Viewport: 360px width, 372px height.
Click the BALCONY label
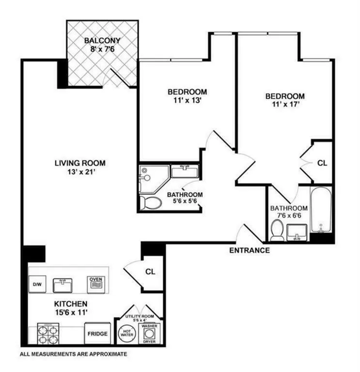click(x=102, y=41)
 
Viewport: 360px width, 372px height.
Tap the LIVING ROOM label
click(x=80, y=163)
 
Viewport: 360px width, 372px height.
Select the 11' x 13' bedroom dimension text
click(x=187, y=101)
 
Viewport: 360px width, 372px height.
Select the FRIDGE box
click(x=96, y=334)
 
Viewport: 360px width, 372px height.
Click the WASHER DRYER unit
click(x=149, y=334)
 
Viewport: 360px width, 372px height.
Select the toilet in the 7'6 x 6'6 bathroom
click(x=277, y=231)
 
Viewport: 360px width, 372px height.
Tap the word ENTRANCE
click(x=249, y=250)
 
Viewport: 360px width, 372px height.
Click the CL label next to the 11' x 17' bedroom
click(x=322, y=163)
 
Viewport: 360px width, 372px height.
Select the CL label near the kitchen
click(x=150, y=272)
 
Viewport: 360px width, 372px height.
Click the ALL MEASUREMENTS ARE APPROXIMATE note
click(x=73, y=354)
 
